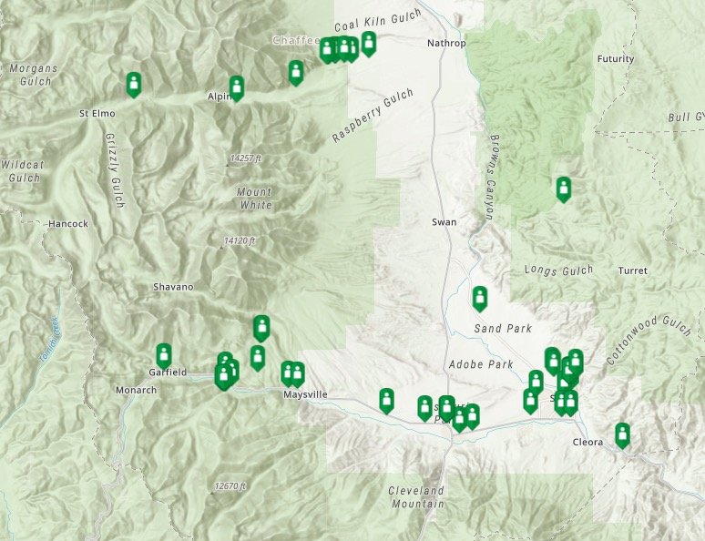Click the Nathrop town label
point(446,43)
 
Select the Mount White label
point(254,199)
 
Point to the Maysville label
point(305,394)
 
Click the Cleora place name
point(587,443)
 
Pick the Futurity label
point(615,59)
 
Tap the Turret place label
point(632,271)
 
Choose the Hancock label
point(68,223)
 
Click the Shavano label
point(173,287)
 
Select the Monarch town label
point(136,390)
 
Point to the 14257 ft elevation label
point(245,158)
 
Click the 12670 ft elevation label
point(230,486)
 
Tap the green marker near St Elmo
point(134,84)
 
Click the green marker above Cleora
point(622,434)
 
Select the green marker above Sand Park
point(480,298)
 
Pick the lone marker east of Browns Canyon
point(564,189)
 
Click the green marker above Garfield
point(164,355)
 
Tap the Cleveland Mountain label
point(416,496)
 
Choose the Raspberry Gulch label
point(373,115)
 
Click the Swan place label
point(444,222)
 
